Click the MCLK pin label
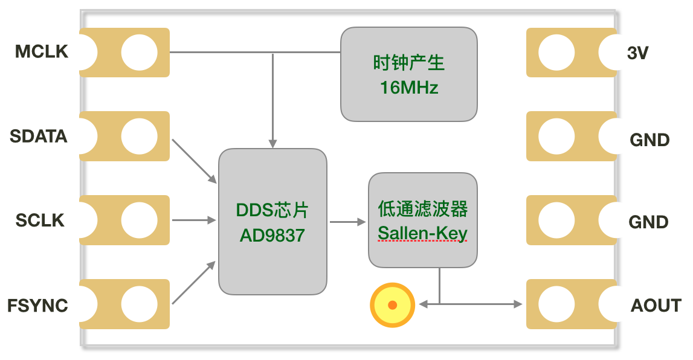(x=42, y=52)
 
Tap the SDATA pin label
(x=39, y=137)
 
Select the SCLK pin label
(x=40, y=220)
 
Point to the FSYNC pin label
(x=37, y=306)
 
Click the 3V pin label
(x=638, y=53)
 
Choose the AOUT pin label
(x=656, y=306)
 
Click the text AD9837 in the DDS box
(x=272, y=236)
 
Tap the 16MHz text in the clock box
(x=409, y=88)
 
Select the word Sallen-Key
(x=422, y=233)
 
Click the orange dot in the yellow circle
(x=392, y=305)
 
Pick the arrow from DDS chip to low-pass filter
(x=348, y=222)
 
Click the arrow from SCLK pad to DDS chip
(x=194, y=220)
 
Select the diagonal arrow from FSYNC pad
(x=194, y=282)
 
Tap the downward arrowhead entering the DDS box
(x=272, y=144)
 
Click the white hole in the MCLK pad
(x=139, y=53)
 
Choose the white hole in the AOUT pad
(x=556, y=304)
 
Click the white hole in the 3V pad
(x=556, y=53)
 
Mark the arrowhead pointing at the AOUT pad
(x=518, y=304)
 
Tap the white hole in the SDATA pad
(x=139, y=136)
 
